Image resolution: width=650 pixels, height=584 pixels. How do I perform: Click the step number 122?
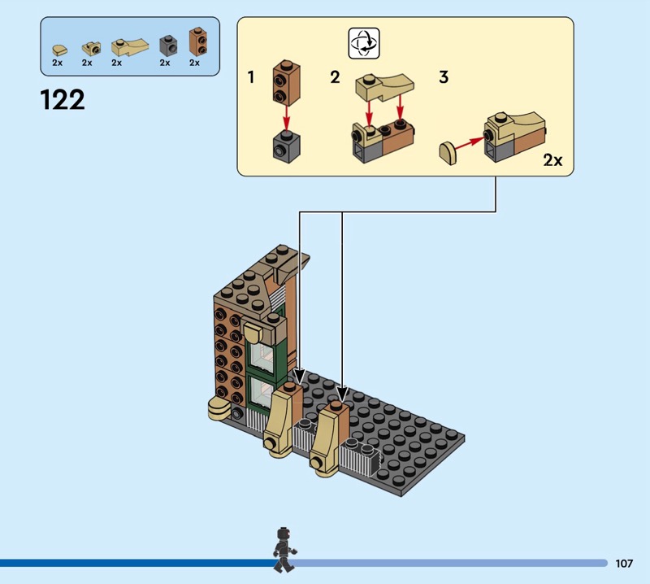tap(62, 99)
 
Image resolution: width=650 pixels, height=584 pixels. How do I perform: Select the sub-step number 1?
tap(252, 78)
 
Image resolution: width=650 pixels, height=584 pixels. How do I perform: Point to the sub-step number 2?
tap(335, 78)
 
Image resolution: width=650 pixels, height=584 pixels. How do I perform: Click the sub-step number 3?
tap(444, 78)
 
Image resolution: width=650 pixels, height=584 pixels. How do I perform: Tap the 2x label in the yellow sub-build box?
tap(552, 160)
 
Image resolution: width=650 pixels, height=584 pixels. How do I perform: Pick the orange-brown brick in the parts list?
tap(196, 41)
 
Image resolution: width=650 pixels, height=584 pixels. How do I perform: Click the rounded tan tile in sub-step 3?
tap(448, 151)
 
